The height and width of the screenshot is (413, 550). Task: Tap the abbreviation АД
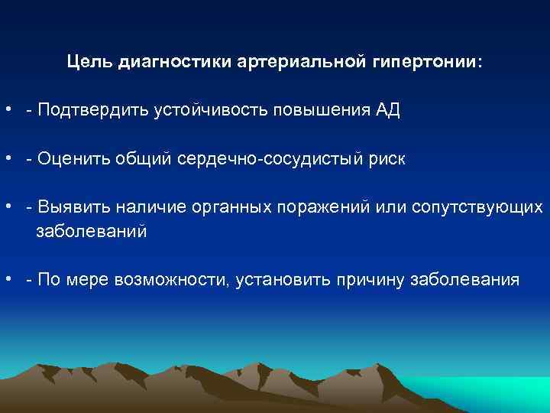(x=387, y=111)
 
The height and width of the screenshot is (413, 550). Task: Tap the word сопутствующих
(x=477, y=208)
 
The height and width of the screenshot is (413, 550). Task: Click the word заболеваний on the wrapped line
(x=91, y=232)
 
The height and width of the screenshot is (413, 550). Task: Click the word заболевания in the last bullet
(x=465, y=281)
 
